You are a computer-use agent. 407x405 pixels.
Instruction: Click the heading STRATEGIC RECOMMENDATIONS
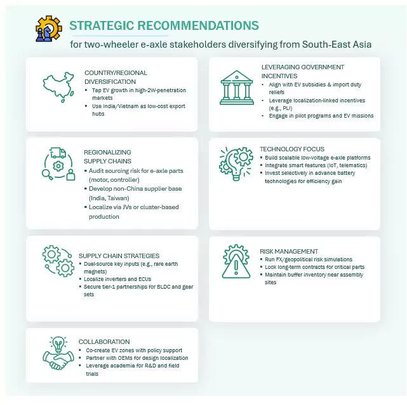coord(164,25)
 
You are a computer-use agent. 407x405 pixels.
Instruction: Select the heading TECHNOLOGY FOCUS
coord(292,149)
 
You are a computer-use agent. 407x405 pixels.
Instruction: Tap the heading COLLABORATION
coord(104,341)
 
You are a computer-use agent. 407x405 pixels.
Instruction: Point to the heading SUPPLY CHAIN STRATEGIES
coord(119,256)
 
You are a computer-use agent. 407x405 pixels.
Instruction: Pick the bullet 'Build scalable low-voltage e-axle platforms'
coord(317,157)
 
